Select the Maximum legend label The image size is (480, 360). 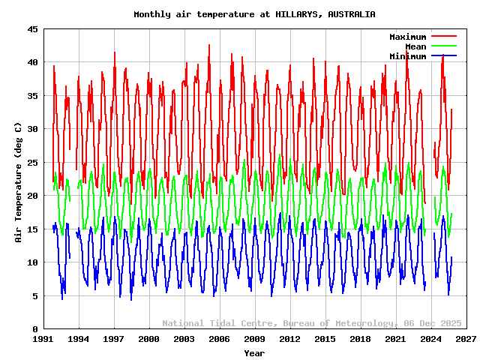(407, 37)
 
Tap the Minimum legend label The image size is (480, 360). (407, 56)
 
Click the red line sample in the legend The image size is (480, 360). (444, 37)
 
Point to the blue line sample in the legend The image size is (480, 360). (444, 56)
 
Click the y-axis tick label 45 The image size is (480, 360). (34, 29)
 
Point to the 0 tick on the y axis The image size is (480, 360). (36, 329)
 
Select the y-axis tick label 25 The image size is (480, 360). (34, 163)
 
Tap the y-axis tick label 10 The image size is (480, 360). (34, 262)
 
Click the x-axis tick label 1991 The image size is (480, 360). (43, 340)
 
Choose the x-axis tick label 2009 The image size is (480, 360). (255, 340)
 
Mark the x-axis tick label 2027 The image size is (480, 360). (466, 340)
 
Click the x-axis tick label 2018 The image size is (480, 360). (361, 340)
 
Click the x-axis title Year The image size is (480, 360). (254, 352)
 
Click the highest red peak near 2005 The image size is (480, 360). (209, 45)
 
